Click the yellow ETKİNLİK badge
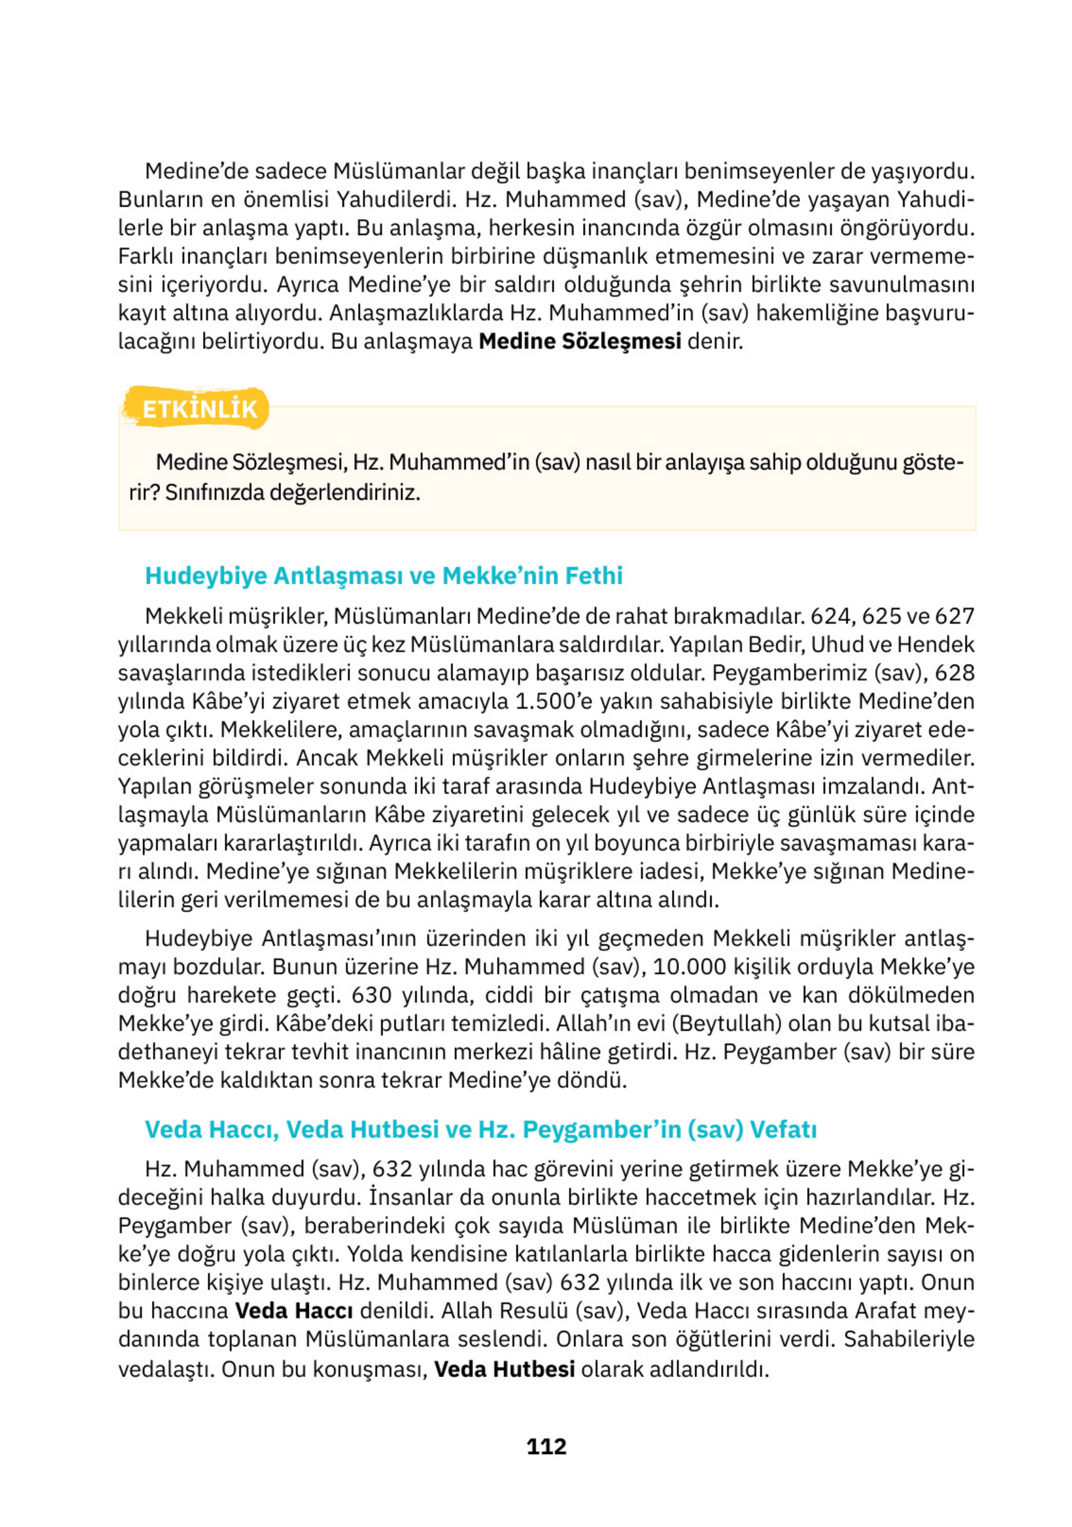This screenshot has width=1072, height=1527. pyautogui.click(x=199, y=408)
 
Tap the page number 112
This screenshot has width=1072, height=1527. pyautogui.click(x=546, y=1446)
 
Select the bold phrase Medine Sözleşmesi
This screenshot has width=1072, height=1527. pyautogui.click(x=580, y=341)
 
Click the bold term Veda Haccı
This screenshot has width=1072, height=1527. pyautogui.click(x=294, y=1310)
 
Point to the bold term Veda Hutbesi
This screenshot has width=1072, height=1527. pyautogui.click(x=504, y=1369)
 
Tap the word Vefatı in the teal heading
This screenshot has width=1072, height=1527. pyautogui.click(x=783, y=1129)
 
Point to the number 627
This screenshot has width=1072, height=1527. pyautogui.click(x=954, y=616)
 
